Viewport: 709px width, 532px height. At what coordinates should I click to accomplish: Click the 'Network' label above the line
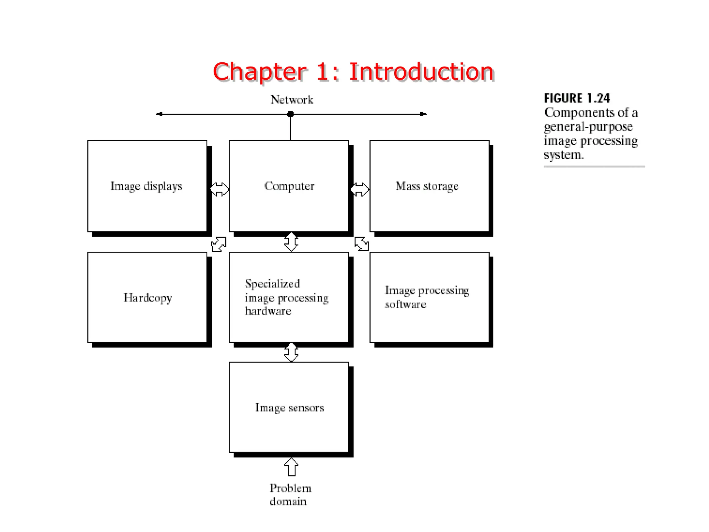click(x=291, y=100)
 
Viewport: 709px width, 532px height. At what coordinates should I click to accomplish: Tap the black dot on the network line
click(x=290, y=114)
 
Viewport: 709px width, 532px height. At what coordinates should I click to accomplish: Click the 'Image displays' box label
click(x=146, y=186)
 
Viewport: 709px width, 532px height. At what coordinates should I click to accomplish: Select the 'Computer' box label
click(x=289, y=186)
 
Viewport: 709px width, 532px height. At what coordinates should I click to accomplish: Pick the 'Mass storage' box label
click(x=427, y=186)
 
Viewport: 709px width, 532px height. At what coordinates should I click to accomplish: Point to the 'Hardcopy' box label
click(x=147, y=298)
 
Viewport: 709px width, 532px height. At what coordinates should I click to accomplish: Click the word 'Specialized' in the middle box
click(x=272, y=284)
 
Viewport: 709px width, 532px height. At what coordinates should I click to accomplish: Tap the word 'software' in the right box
click(x=405, y=304)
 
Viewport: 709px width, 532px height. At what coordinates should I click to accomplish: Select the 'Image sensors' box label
click(x=289, y=408)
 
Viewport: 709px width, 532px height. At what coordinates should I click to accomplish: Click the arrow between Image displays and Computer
click(x=219, y=189)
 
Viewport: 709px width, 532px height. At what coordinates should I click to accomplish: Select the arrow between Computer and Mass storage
click(x=360, y=189)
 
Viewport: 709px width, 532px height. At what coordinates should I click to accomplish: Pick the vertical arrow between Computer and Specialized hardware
click(x=291, y=242)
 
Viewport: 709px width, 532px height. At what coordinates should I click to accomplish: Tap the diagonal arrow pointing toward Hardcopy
click(x=218, y=244)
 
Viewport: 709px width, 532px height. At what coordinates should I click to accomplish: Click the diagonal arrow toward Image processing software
click(x=362, y=244)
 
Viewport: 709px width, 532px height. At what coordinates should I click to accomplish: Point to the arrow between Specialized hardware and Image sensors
click(x=291, y=352)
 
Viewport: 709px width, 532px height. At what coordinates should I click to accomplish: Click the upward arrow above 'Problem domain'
click(x=291, y=467)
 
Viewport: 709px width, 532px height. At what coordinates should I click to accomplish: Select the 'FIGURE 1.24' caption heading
click(x=577, y=98)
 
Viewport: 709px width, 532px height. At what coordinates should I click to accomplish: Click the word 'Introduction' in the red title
click(x=421, y=72)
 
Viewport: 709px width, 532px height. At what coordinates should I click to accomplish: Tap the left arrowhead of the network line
click(x=159, y=114)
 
